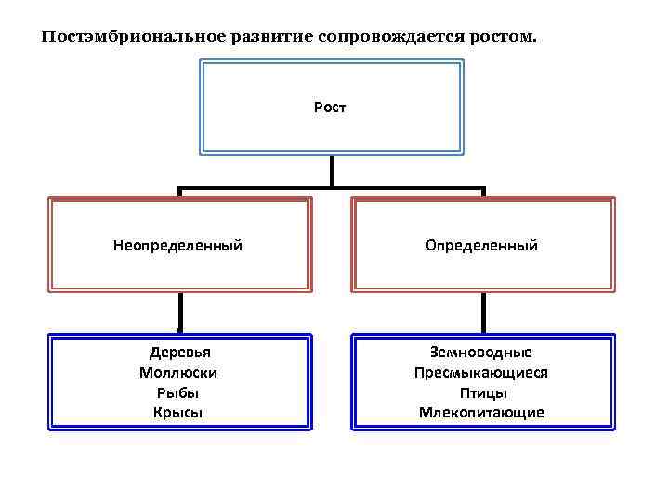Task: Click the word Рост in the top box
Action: pyautogui.click(x=331, y=108)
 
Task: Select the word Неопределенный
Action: pyautogui.click(x=177, y=246)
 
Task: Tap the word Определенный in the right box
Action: pyautogui.click(x=481, y=246)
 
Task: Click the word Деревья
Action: pyautogui.click(x=179, y=353)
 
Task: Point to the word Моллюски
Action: pyautogui.click(x=178, y=372)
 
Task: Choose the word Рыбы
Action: pyautogui.click(x=178, y=392)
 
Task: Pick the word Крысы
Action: pyautogui.click(x=178, y=412)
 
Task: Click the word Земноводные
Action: pyautogui.click(x=481, y=353)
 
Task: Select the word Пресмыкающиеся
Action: pyautogui.click(x=481, y=372)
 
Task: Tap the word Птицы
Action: pyautogui.click(x=481, y=392)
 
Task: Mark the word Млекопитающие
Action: pyautogui.click(x=481, y=412)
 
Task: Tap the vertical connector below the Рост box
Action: pyautogui.click(x=332, y=171)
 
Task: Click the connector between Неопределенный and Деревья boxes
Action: pyautogui.click(x=180, y=313)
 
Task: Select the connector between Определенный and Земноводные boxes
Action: pyautogui.click(x=483, y=313)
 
